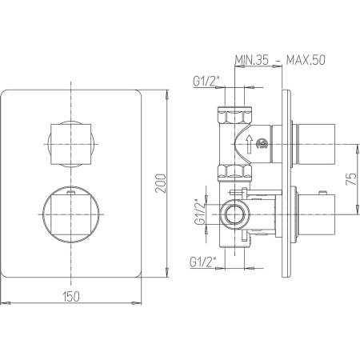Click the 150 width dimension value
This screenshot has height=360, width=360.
(71, 297)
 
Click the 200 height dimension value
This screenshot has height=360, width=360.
(161, 183)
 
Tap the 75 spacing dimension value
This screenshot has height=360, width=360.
(351, 179)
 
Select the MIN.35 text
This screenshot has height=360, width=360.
(251, 60)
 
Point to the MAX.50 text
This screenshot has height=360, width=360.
(306, 60)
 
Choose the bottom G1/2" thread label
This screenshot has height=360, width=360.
(202, 262)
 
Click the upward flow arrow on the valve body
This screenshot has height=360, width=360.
(249, 144)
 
